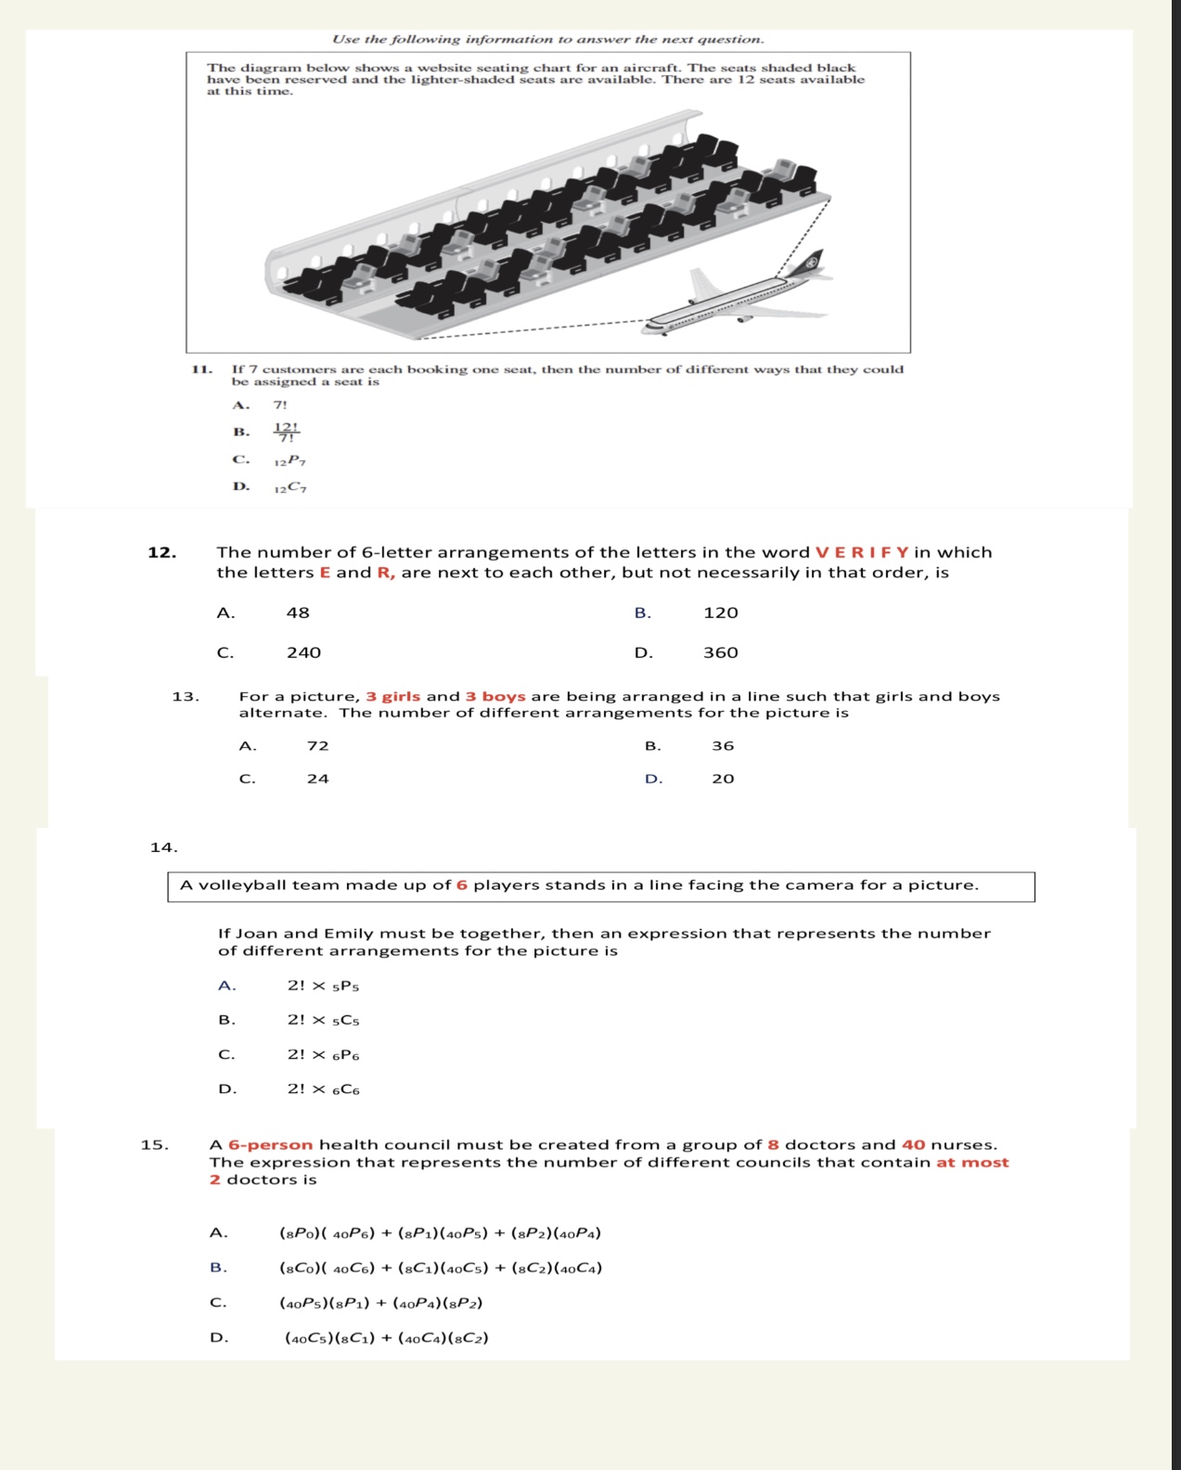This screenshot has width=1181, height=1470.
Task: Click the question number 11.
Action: [201, 369]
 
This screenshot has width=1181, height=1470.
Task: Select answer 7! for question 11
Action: [280, 405]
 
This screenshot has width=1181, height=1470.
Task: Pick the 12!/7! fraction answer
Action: [286, 432]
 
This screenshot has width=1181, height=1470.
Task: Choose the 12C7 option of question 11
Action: [289, 487]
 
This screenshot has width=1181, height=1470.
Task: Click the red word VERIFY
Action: [862, 552]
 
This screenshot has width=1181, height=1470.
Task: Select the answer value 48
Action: [298, 612]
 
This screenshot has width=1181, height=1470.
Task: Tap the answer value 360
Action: [721, 652]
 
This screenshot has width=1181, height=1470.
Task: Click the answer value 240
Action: [303, 652]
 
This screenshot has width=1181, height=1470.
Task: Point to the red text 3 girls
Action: [393, 696]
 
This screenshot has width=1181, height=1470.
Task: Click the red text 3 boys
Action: [495, 696]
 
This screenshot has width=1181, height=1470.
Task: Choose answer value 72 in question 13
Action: [318, 745]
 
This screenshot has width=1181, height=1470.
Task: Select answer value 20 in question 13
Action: [723, 779]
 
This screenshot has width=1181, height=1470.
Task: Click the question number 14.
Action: [163, 846]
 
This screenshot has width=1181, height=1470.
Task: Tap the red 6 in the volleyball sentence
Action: [462, 885]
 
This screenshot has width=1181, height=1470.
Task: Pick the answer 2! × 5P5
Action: [323, 986]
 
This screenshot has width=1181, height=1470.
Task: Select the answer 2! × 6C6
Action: [323, 1089]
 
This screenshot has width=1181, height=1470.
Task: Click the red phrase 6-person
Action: [270, 1145]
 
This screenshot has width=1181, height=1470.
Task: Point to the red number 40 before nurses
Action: [913, 1145]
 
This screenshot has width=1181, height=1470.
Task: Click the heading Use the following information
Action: [548, 39]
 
